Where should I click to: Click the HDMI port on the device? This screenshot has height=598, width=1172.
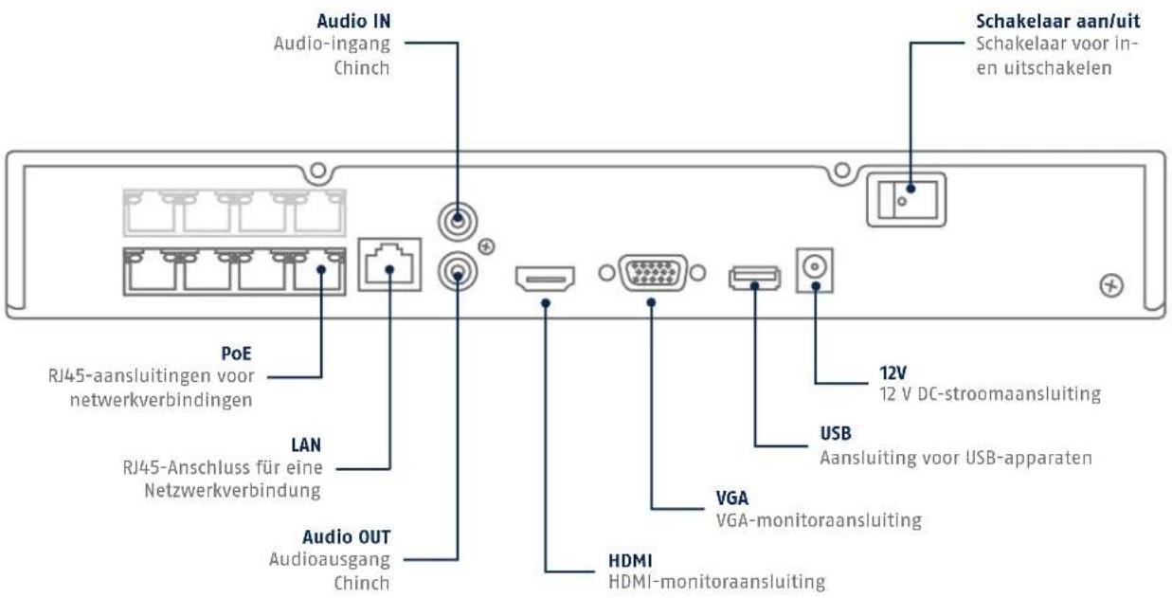545,279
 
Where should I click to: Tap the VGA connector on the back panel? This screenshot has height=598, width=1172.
653,273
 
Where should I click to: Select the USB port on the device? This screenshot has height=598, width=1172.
754,278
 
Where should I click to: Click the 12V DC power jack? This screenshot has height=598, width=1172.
815,270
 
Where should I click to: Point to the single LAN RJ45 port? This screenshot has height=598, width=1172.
389,264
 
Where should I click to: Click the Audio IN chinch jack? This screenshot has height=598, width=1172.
458,222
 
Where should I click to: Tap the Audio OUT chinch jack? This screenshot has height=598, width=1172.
458,272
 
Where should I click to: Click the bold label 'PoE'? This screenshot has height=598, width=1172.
237,353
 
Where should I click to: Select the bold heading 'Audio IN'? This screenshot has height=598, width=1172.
353,22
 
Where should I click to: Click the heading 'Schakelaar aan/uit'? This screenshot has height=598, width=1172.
1058,22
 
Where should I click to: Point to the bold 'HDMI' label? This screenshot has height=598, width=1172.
630,561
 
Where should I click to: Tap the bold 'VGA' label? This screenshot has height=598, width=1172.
732,498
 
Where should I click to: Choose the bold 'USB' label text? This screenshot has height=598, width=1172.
836,433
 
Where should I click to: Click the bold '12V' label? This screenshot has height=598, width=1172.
893,373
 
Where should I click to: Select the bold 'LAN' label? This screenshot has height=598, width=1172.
306,445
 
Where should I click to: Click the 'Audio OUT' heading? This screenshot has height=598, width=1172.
347,536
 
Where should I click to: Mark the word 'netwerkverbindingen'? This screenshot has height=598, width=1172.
161,400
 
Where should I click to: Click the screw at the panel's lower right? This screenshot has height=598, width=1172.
1111,285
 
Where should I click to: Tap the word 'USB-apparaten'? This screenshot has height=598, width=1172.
1029,459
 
